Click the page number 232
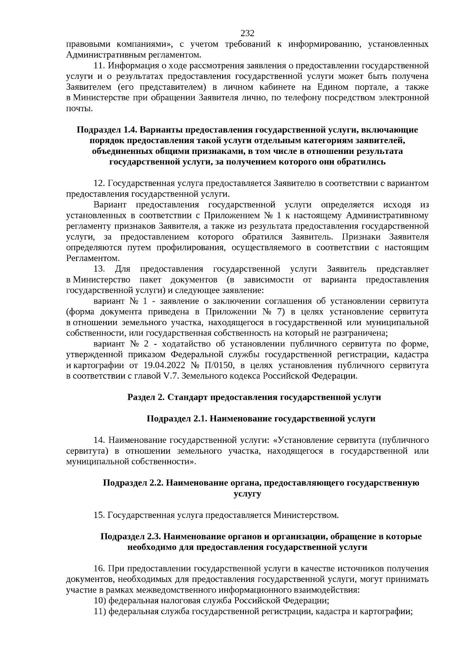[x=248, y=33]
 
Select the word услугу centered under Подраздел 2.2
[x=247, y=494]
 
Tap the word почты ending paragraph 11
[x=79, y=109]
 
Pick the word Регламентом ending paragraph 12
[x=92, y=258]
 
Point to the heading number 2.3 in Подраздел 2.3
[x=155, y=536]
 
